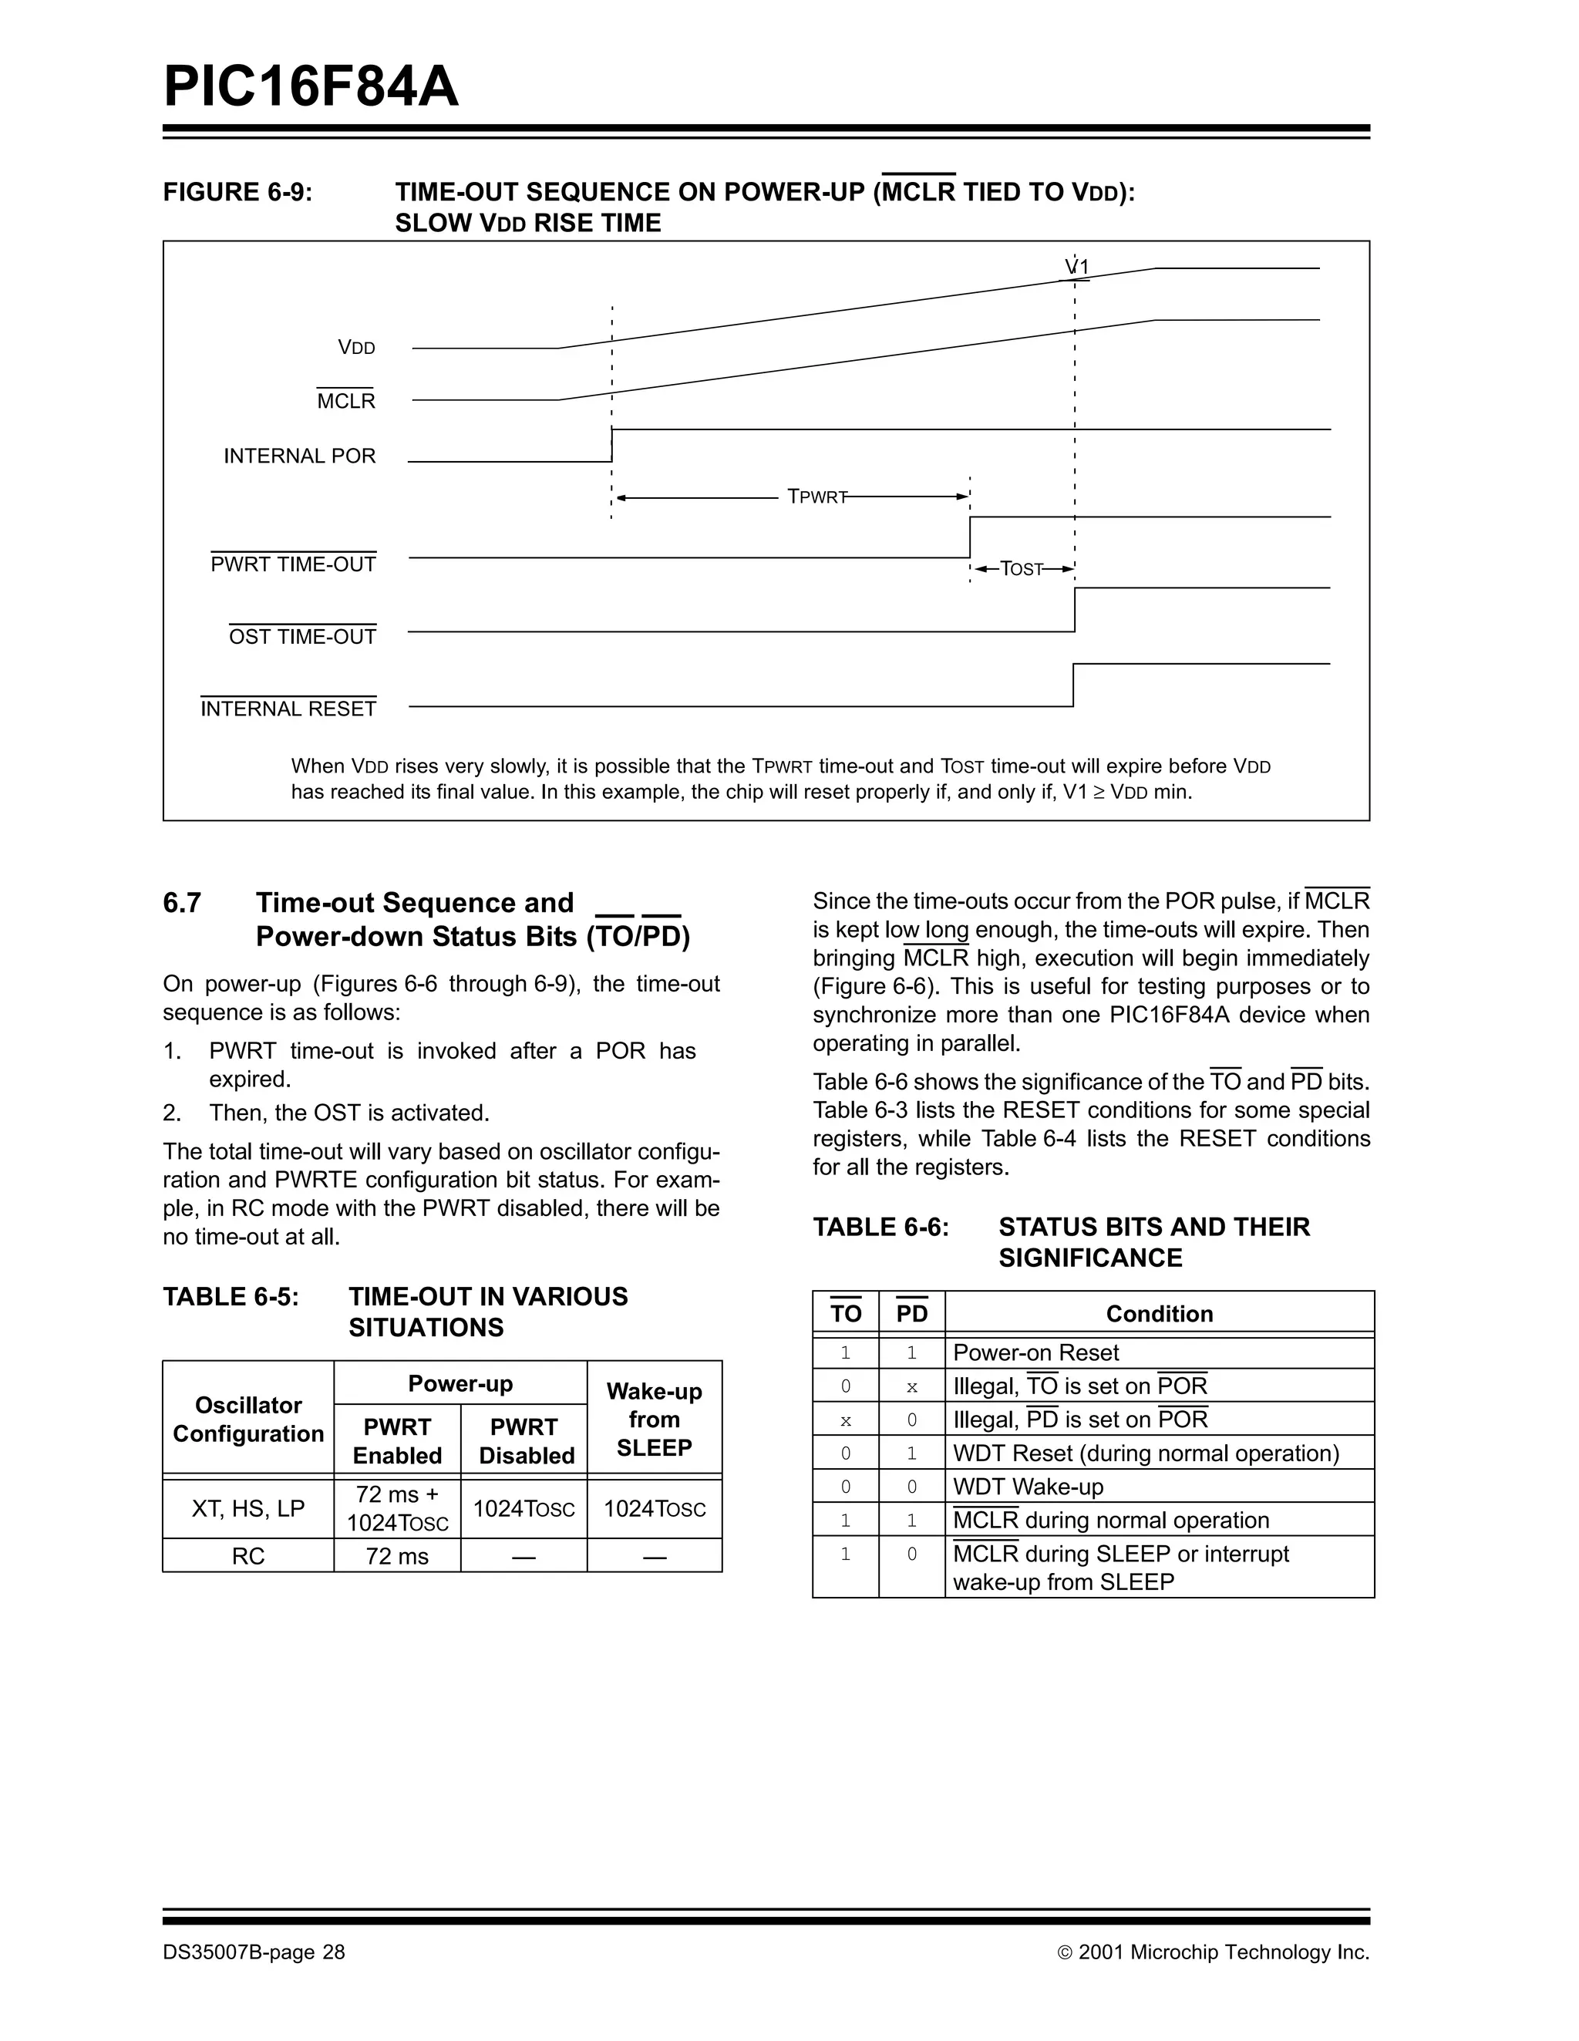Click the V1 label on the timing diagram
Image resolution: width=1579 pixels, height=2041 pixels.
click(x=1077, y=268)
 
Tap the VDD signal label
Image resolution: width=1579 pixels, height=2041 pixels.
click(x=356, y=348)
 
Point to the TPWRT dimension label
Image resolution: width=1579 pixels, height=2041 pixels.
click(x=816, y=497)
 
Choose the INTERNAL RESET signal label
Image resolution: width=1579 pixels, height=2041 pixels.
click(x=288, y=709)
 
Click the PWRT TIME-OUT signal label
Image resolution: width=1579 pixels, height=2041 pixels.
click(x=294, y=564)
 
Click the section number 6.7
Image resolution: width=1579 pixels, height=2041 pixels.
click(x=182, y=903)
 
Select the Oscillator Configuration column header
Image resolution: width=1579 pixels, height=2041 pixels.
click(x=248, y=1420)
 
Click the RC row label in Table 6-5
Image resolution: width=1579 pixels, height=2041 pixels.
click(x=248, y=1556)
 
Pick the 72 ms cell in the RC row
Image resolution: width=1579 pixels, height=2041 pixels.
click(x=397, y=1556)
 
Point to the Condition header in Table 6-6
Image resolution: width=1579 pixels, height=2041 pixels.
click(x=1159, y=1314)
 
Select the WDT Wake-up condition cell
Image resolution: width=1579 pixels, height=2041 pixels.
click(x=1028, y=1487)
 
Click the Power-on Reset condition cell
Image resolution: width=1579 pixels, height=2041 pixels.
click(x=1035, y=1352)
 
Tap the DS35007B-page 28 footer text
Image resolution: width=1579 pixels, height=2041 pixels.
click(x=254, y=1952)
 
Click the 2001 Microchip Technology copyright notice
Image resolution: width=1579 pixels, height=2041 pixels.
click(x=1214, y=1952)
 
